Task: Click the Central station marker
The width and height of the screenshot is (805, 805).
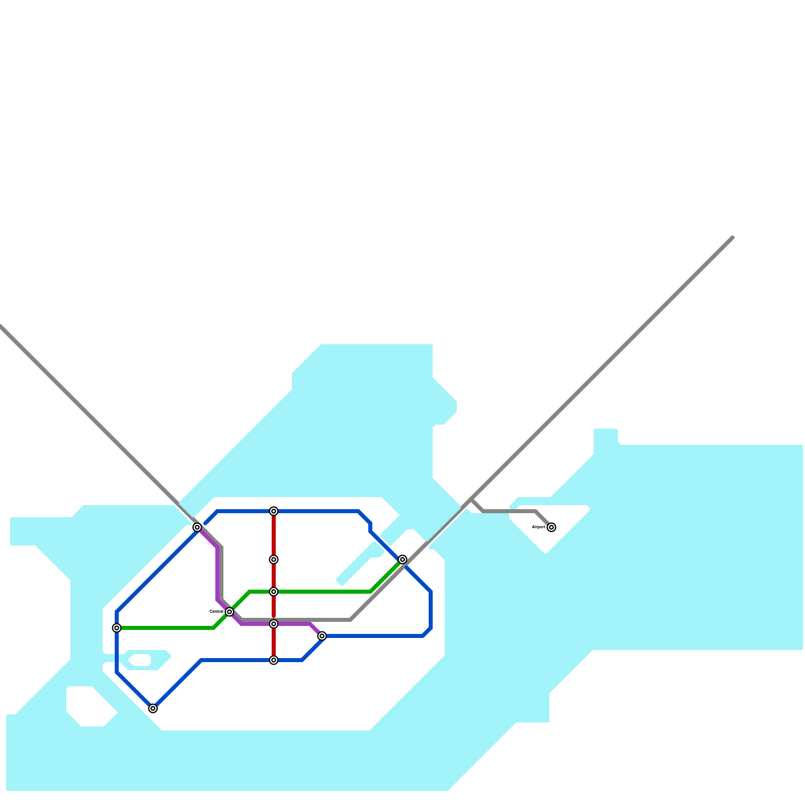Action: [229, 612]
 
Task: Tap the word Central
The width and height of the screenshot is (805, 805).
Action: [216, 611]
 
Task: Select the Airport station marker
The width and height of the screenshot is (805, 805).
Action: [551, 527]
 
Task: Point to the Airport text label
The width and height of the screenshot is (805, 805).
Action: [538, 527]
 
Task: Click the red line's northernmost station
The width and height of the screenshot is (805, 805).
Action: [274, 511]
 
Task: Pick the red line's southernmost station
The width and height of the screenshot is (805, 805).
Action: [274, 660]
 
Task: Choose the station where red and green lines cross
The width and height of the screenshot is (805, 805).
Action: [274, 592]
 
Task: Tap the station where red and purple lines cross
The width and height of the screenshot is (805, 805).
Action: [274, 624]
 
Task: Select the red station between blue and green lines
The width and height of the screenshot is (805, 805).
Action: [274, 559]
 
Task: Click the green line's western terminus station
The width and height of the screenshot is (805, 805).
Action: [117, 628]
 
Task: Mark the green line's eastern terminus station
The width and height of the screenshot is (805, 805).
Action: [403, 559]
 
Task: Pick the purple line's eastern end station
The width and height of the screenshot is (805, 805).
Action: [322, 636]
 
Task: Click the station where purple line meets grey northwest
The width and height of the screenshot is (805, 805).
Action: [197, 527]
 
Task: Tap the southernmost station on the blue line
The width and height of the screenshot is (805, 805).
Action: [153, 708]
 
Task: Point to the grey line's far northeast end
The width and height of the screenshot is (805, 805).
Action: [733, 237]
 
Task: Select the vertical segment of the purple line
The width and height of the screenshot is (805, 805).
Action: [217, 574]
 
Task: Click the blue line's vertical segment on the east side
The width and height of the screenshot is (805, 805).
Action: [431, 610]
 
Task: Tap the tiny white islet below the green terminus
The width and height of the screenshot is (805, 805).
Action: [140, 660]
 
